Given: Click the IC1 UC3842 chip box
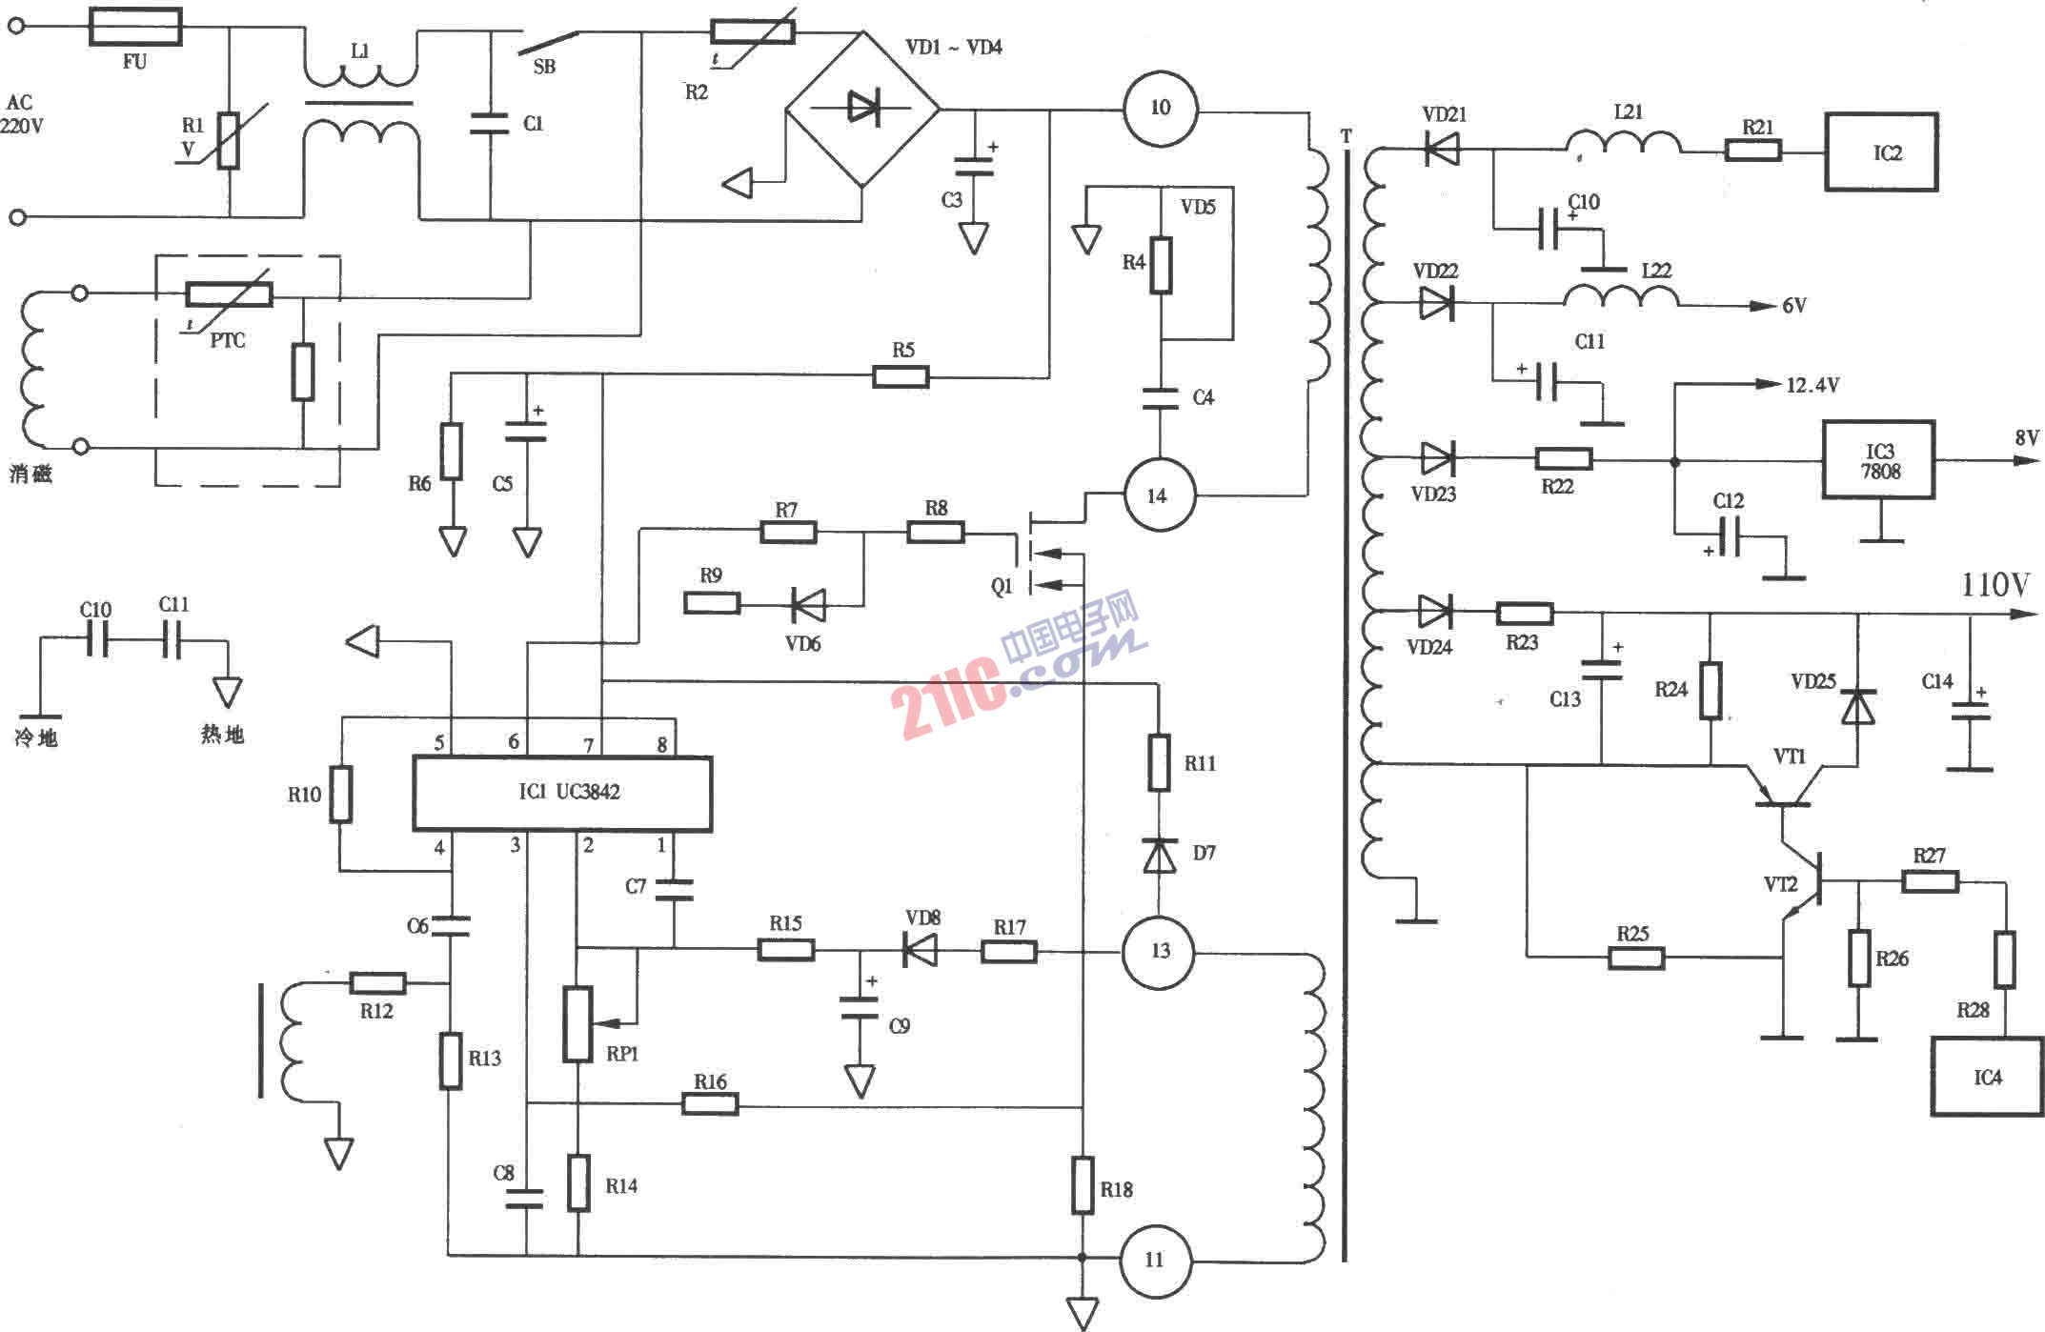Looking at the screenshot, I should (562, 794).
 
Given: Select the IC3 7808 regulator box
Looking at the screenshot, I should (1878, 460).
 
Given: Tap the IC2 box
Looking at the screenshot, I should (1881, 152).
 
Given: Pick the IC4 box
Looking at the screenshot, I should (1987, 1077).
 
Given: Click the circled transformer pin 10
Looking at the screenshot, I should (1160, 108).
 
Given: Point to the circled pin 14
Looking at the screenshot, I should (1157, 495).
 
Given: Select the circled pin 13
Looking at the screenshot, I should (1160, 951).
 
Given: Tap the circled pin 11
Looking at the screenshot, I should (1155, 1261).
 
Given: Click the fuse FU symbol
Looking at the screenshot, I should (135, 27).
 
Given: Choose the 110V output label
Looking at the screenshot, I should (1994, 585).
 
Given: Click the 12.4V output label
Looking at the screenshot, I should (1812, 386).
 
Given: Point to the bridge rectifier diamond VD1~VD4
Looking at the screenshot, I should (862, 109).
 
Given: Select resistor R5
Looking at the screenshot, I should (901, 377).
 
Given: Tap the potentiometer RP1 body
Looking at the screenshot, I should (577, 1024).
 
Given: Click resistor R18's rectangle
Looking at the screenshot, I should (1083, 1185).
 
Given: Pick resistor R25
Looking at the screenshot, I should (1636, 957).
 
